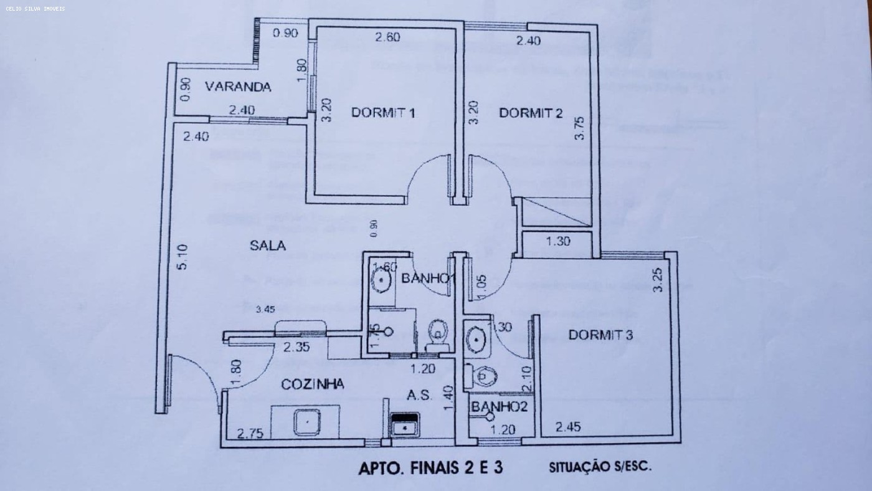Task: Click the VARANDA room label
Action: point(238,87)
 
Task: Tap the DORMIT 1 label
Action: point(383,113)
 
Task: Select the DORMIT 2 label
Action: point(531,113)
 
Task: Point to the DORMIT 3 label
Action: point(600,335)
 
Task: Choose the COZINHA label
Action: point(313,384)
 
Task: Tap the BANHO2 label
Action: point(500,408)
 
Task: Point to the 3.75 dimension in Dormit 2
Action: point(580,128)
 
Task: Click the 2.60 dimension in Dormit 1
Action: point(387,37)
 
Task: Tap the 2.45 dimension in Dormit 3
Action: point(567,427)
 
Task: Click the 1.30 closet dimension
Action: point(558,241)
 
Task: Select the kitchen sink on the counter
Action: point(307,422)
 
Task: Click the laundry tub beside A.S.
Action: point(404,426)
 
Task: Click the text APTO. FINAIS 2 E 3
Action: point(430,468)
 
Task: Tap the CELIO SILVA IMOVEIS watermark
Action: point(36,9)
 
